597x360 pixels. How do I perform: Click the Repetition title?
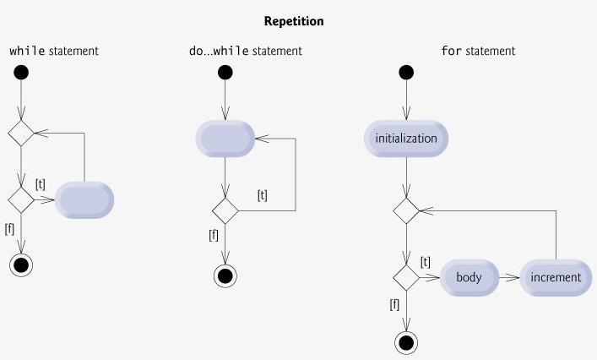[294, 21]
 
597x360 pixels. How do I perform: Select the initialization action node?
[406, 139]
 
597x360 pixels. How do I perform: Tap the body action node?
[469, 277]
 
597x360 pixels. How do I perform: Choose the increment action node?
[556, 277]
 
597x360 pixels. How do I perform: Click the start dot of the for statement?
[406, 73]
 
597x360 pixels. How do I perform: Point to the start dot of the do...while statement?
[225, 73]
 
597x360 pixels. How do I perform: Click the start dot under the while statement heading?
[21, 73]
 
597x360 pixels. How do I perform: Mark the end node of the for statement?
[406, 343]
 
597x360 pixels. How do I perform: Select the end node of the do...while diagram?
[225, 275]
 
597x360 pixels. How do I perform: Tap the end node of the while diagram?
[21, 265]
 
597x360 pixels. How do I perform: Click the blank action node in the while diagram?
[84, 200]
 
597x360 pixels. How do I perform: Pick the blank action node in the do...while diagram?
[225, 139]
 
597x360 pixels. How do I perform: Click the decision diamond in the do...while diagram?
[225, 210]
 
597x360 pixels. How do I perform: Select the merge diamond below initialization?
[406, 210]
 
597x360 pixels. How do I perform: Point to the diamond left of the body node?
[406, 278]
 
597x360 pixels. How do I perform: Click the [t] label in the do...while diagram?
[263, 195]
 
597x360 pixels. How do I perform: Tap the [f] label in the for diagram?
[394, 304]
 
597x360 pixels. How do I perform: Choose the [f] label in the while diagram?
[9, 229]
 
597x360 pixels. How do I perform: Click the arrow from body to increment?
[509, 278]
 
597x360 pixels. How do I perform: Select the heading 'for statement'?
[478, 51]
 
